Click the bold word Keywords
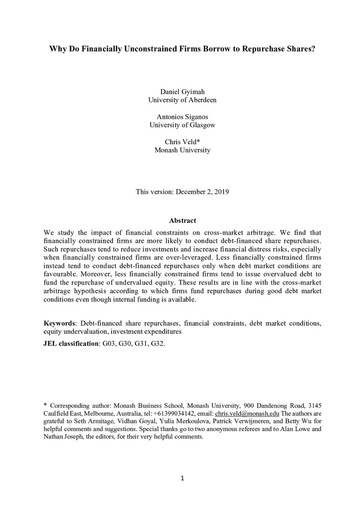coord(60,323)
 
